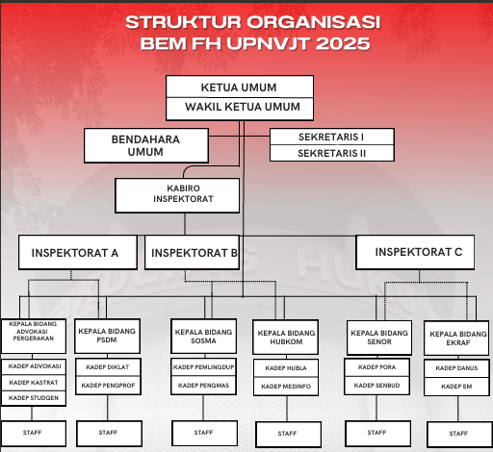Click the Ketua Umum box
[x=240, y=87]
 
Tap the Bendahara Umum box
[x=146, y=145]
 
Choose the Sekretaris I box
[x=332, y=137]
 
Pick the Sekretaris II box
[x=332, y=153]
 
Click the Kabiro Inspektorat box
[x=177, y=195]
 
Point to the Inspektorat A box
[x=78, y=252]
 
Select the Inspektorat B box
[x=192, y=252]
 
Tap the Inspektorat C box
[x=415, y=252]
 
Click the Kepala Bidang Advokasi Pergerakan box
[x=34, y=336]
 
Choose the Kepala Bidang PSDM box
[x=107, y=336]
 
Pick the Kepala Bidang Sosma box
[x=204, y=336]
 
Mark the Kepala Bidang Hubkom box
[x=285, y=337]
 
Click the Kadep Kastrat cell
[x=34, y=383]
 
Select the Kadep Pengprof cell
[x=108, y=386]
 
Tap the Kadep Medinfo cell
[x=286, y=387]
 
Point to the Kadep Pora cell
[x=376, y=367]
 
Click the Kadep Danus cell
[x=456, y=368]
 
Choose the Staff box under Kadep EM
[x=458, y=435]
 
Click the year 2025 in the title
[x=343, y=43]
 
